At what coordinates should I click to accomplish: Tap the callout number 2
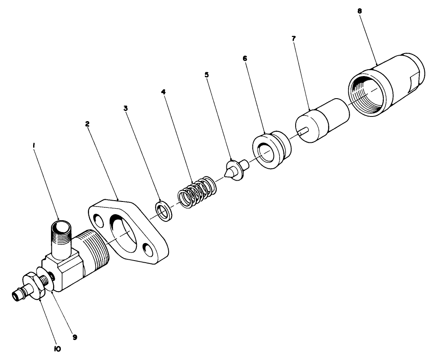click(87, 124)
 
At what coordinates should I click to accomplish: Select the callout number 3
click(125, 108)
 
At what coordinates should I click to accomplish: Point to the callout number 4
click(163, 91)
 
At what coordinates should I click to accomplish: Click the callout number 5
click(206, 74)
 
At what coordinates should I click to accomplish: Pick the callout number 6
click(245, 58)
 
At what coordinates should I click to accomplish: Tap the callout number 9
click(74, 337)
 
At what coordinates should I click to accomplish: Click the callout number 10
click(57, 349)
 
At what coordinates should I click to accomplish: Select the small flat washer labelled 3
click(163, 210)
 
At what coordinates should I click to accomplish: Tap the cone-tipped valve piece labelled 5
click(234, 170)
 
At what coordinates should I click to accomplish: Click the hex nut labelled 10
click(33, 286)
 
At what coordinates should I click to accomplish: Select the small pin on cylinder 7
click(302, 132)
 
